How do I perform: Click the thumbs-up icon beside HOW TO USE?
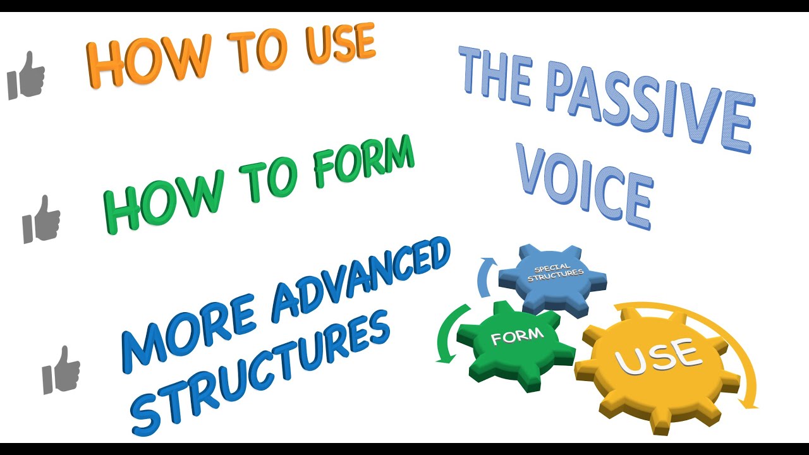[x=26, y=75]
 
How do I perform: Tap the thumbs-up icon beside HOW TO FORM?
[x=42, y=219]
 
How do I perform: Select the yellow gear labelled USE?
[x=657, y=370]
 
